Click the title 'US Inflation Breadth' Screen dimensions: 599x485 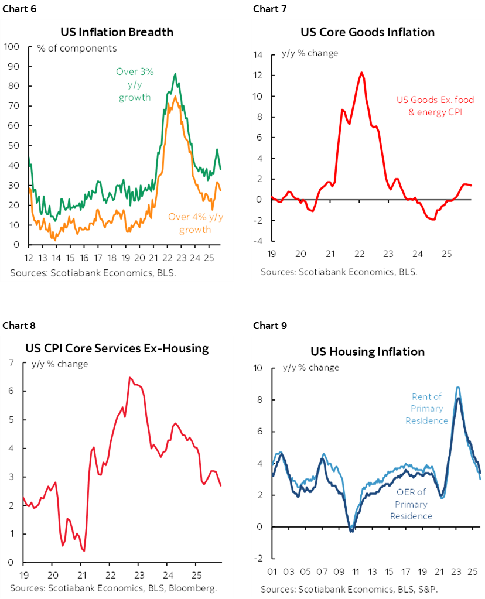[x=117, y=32]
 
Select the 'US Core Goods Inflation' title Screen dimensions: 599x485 [x=367, y=32]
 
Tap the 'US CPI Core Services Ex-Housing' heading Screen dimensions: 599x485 [x=117, y=348]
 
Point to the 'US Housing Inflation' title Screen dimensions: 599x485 [x=367, y=352]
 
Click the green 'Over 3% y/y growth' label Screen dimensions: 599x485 [x=135, y=84]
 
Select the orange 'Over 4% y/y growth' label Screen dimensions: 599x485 [x=196, y=223]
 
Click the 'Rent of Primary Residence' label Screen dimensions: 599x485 [x=427, y=409]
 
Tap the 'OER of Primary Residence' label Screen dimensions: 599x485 [x=411, y=504]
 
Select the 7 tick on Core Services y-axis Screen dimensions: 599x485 [x=11, y=363]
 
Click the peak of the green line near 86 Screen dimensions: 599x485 [x=175, y=74]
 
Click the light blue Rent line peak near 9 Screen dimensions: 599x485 [x=457, y=387]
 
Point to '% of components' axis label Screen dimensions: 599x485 [x=77, y=49]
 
